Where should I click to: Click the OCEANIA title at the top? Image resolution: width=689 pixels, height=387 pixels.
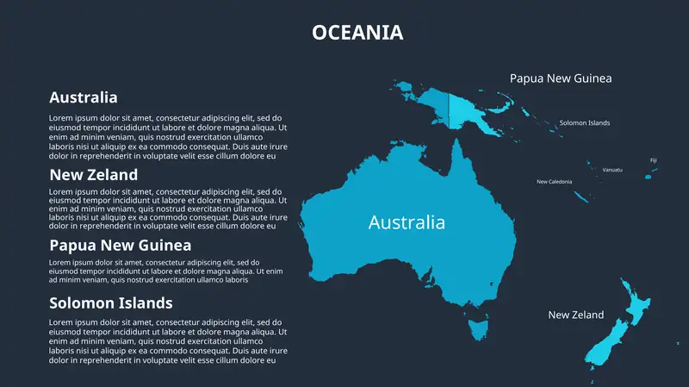point(357,33)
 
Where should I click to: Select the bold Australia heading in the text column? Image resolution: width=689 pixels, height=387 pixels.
point(84,97)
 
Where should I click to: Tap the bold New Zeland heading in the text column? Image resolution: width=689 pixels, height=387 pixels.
point(93,175)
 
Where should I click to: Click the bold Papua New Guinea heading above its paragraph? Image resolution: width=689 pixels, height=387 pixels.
point(120,245)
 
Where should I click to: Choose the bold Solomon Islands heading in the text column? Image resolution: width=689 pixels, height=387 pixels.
point(111,303)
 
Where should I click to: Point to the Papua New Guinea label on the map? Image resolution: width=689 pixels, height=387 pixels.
point(561,78)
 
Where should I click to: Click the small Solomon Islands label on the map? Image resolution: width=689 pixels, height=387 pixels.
point(585,123)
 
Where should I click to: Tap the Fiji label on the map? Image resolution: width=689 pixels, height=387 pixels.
point(653,160)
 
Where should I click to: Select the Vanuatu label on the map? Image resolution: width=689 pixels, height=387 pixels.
point(612,170)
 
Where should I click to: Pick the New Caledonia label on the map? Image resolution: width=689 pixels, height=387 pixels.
point(554,182)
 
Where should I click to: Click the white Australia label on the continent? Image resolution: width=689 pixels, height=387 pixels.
point(407,222)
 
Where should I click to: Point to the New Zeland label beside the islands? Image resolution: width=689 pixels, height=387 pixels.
point(576,315)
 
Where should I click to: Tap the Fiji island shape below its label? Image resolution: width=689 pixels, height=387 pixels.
point(649,176)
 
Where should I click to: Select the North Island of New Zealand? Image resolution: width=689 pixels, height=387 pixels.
point(636,306)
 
